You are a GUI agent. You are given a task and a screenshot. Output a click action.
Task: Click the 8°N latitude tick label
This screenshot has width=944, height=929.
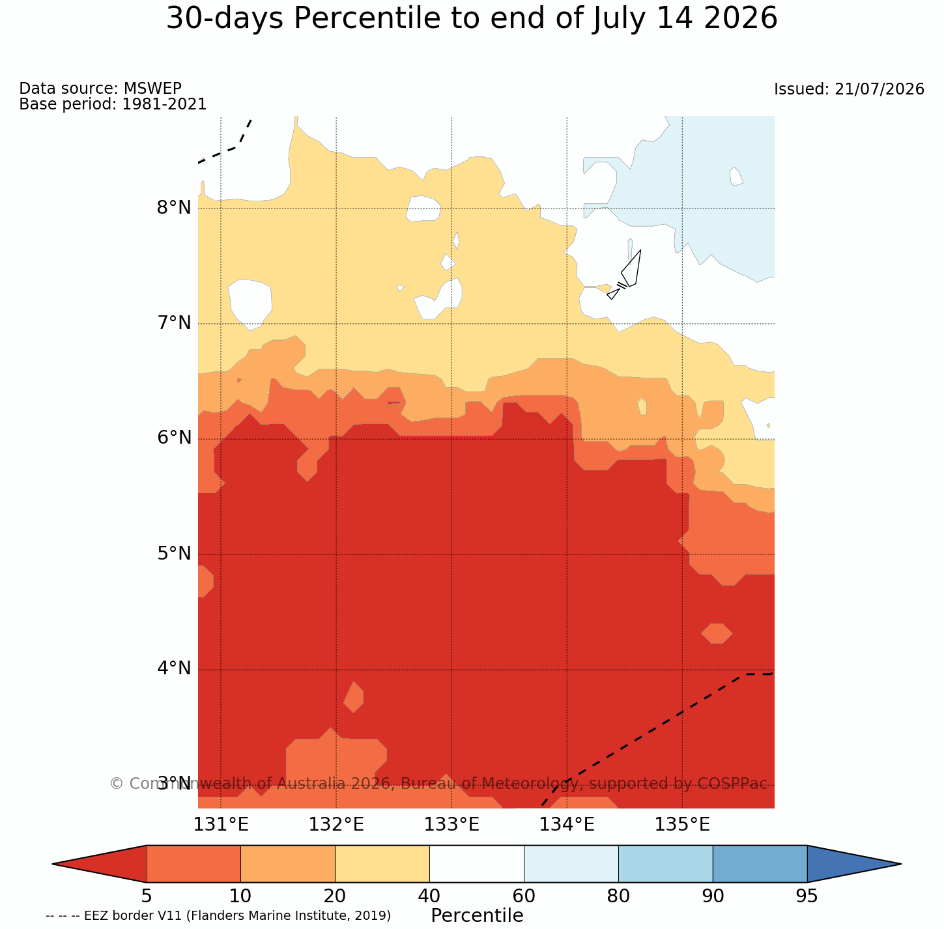click(174, 208)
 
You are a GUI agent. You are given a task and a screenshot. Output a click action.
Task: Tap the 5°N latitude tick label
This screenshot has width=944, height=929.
click(174, 554)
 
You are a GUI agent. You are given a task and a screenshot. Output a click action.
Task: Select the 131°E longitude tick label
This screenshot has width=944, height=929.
click(221, 825)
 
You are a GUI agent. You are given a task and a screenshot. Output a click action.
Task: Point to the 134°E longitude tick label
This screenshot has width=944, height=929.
click(567, 825)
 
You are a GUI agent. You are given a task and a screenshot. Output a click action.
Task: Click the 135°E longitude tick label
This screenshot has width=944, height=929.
click(682, 825)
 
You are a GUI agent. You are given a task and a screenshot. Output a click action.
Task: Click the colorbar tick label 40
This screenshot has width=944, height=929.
click(429, 896)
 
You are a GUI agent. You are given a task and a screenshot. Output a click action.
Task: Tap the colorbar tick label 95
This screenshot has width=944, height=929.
click(807, 896)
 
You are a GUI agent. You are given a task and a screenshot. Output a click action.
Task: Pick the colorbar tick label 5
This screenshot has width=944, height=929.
click(147, 896)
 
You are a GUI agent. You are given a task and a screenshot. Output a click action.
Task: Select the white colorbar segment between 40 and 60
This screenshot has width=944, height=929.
click(477, 864)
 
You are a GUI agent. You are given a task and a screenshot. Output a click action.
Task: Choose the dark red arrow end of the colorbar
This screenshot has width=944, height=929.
click(100, 864)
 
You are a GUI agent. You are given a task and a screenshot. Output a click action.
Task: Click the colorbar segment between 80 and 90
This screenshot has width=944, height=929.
click(665, 864)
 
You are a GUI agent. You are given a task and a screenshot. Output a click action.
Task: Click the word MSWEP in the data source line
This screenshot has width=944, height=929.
click(152, 88)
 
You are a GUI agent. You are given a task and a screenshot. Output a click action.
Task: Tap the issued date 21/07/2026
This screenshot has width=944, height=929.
click(880, 89)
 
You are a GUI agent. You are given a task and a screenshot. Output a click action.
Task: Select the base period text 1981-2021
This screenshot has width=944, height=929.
click(164, 104)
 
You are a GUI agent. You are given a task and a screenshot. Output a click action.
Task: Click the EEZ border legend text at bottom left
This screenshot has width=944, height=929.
click(218, 916)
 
